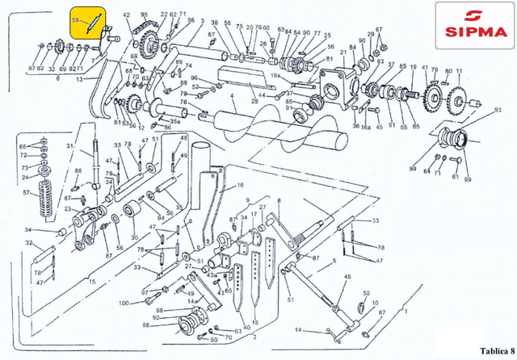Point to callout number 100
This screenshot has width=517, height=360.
(x=123, y=303)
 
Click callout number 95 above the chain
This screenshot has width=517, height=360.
(x=144, y=15)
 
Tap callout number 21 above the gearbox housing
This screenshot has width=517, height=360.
(x=342, y=51)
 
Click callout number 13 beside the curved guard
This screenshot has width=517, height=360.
(x=78, y=80)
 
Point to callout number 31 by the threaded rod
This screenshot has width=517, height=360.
(x=70, y=145)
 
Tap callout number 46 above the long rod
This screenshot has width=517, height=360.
(x=348, y=277)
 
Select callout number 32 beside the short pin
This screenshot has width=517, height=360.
(x=28, y=241)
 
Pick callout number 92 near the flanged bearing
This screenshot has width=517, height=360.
(x=157, y=319)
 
